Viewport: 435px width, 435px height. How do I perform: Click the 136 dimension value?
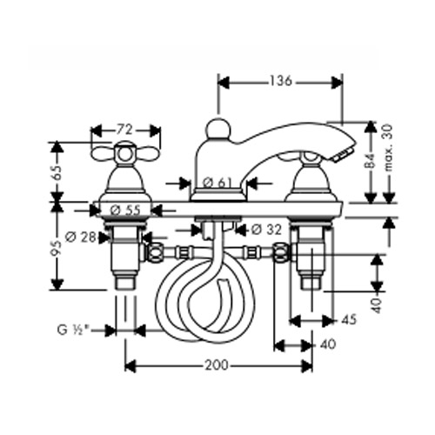tap(280, 81)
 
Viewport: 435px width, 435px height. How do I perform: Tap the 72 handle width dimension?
tap(125, 130)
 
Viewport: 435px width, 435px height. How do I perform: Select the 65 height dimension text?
tap(57, 172)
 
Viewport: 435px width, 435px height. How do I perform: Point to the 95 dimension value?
tap(57, 248)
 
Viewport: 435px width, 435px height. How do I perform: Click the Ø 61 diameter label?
tap(217, 183)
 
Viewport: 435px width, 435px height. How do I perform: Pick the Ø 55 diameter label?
tap(125, 210)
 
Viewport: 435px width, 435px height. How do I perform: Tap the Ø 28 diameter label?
tap(80, 238)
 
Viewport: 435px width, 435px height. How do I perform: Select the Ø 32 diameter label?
tap(266, 230)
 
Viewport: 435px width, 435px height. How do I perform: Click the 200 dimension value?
tap(217, 365)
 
